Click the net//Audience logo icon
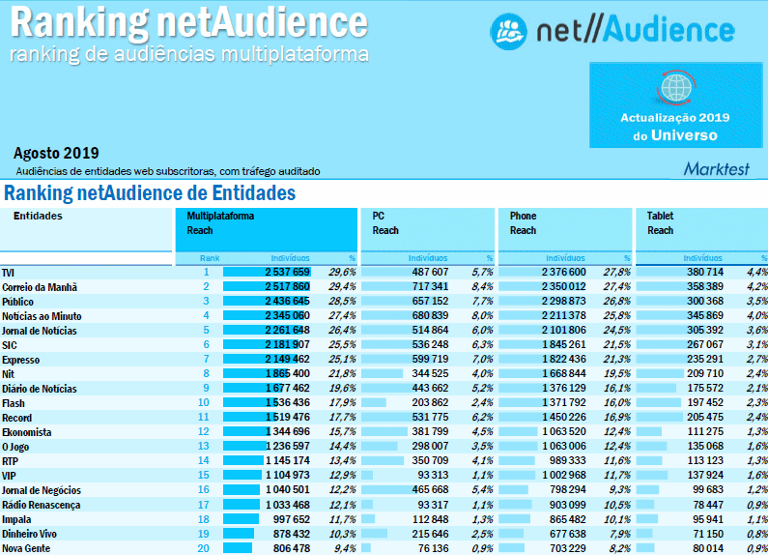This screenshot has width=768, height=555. tap(508, 31)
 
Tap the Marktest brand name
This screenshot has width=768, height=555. tap(717, 168)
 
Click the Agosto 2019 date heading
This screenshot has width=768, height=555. tap(56, 153)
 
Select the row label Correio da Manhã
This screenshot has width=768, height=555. tap(40, 287)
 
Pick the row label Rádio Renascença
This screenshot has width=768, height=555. tap(41, 505)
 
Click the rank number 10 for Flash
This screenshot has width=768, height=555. tap(204, 402)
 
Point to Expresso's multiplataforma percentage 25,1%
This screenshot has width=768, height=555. tap(342, 360)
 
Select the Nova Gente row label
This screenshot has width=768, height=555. tap(26, 548)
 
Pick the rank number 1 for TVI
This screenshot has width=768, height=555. tap(206, 273)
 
